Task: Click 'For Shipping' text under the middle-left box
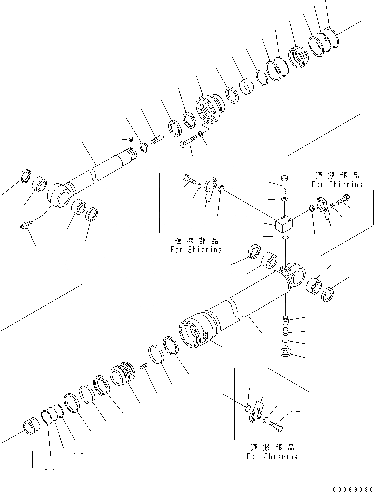pos(196,249)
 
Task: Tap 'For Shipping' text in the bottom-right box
pos(272,456)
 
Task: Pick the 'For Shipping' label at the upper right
pos(337,184)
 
